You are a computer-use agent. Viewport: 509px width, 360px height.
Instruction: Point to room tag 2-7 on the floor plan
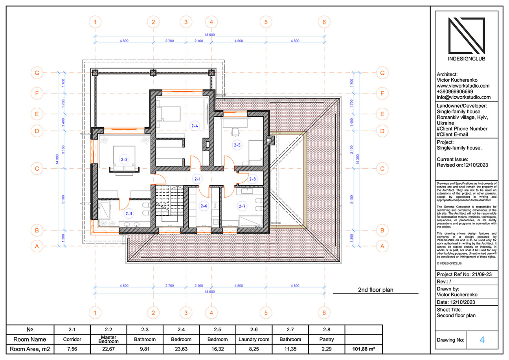(242, 206)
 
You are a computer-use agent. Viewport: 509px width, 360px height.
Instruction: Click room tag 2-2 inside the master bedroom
(124, 160)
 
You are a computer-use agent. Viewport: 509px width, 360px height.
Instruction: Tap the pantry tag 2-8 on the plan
(252, 179)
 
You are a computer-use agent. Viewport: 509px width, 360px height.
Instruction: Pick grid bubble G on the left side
(37, 73)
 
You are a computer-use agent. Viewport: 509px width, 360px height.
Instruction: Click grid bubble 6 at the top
(324, 22)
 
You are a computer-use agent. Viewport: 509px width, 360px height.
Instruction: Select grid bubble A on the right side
(381, 246)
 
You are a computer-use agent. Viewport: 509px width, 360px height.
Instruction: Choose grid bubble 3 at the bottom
(186, 313)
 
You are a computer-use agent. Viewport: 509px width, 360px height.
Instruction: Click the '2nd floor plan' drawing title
(375, 290)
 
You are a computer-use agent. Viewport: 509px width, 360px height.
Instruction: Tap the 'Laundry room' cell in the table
(254, 339)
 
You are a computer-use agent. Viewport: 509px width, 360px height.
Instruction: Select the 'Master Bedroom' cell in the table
(108, 339)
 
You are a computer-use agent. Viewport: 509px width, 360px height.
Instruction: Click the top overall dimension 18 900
(209, 35)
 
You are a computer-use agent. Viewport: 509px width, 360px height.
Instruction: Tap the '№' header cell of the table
(30, 329)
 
